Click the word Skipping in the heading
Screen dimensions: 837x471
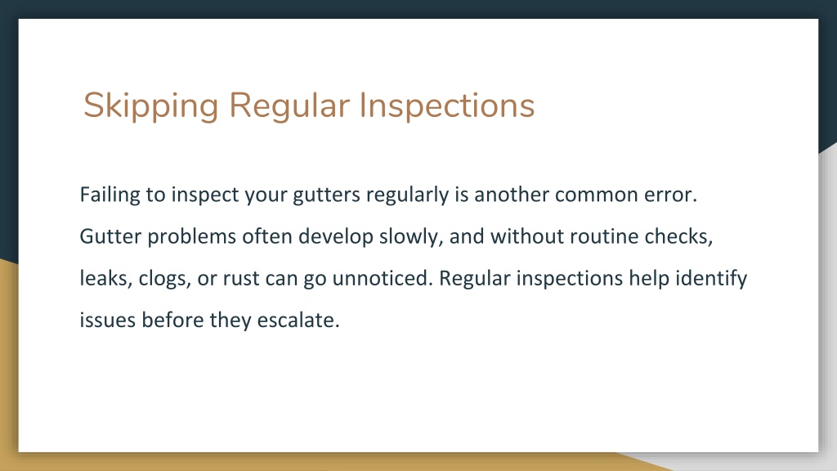151,105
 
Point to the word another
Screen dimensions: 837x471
512,195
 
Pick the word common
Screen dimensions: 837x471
596,195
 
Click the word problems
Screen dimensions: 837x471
191,237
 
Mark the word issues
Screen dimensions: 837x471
108,321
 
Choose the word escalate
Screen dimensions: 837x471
298,321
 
